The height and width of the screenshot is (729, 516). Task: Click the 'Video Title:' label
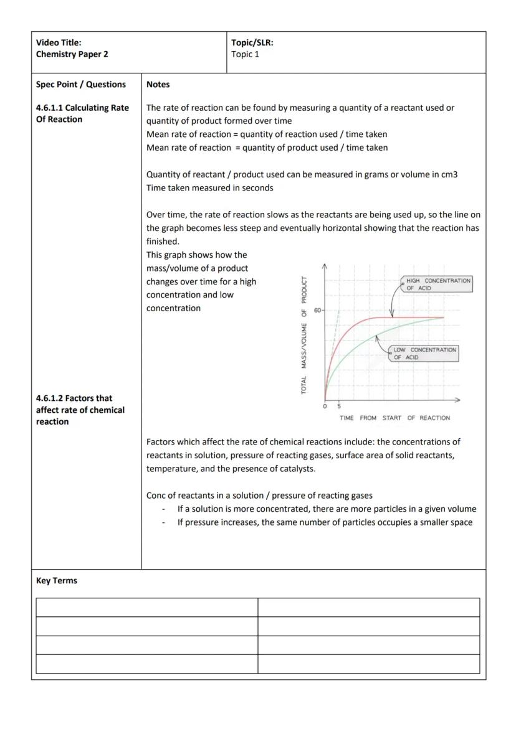point(59,42)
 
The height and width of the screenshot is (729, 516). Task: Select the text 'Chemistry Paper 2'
point(72,54)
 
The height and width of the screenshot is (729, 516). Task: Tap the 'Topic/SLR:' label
point(252,42)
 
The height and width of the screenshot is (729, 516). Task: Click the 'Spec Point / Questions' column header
point(80,84)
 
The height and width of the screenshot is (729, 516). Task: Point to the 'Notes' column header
point(158,84)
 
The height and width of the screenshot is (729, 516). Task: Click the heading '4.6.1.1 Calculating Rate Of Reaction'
point(82,113)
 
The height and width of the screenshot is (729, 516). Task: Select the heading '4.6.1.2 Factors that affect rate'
point(80,410)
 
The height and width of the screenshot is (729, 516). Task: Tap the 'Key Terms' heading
point(56,580)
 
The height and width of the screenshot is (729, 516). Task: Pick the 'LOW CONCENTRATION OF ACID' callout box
point(424,354)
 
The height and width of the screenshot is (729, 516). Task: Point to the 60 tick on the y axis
point(318,310)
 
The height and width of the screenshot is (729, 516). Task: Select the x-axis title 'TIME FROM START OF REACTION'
point(394,418)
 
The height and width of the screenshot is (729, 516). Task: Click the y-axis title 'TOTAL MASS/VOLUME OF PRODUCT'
point(304,335)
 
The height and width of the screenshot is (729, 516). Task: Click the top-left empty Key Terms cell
point(146,607)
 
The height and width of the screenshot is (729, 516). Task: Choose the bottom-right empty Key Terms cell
point(368,664)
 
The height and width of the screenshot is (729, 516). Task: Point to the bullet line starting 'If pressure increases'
point(324,522)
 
